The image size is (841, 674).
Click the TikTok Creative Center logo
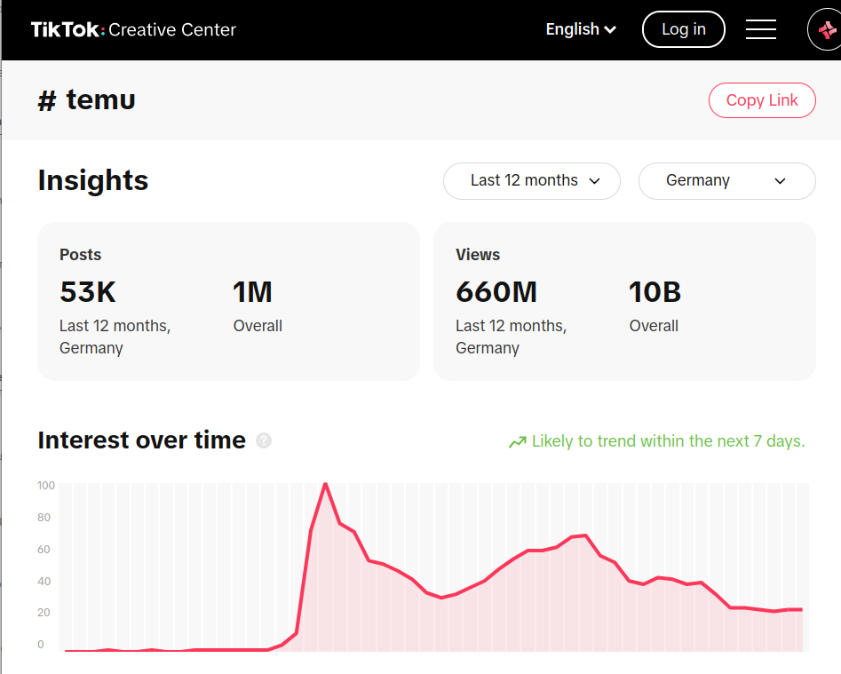[133, 29]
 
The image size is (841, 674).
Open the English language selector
[581, 29]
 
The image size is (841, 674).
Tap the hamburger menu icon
[761, 29]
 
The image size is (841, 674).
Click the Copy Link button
[762, 100]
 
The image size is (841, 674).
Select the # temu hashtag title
[87, 100]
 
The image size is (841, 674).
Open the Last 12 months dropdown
[531, 180]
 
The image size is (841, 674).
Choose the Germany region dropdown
[726, 180]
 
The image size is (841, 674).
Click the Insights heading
[93, 180]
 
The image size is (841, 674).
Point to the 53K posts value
[88, 292]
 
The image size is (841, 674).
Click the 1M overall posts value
[252, 292]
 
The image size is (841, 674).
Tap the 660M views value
[496, 292]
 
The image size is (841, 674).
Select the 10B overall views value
[655, 292]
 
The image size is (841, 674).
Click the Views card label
[478, 255]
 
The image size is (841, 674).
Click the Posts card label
[81, 255]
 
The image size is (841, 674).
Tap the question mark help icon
[264, 440]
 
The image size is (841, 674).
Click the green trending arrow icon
[517, 442]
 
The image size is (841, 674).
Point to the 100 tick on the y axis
[46, 486]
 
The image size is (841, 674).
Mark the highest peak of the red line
[326, 484]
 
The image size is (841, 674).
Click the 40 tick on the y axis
[44, 582]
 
